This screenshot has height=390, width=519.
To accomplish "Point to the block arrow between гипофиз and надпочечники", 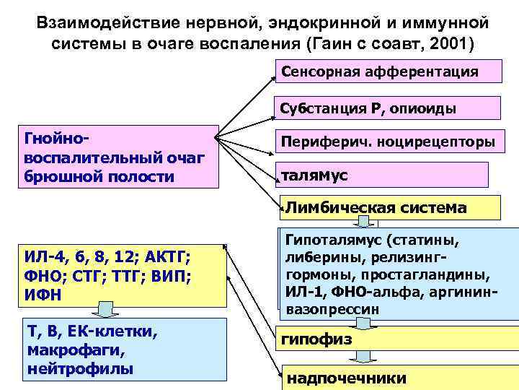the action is pos(365,357).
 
